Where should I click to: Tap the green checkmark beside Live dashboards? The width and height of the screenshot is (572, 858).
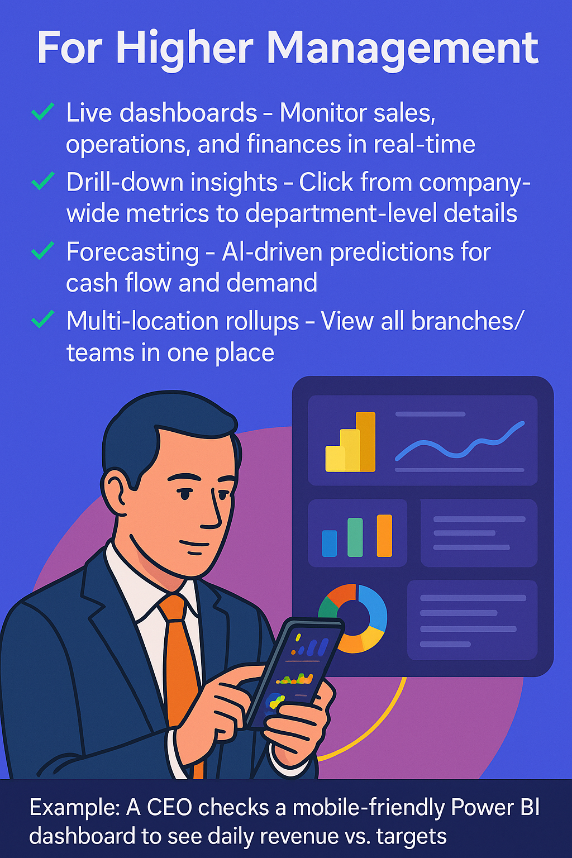point(42,112)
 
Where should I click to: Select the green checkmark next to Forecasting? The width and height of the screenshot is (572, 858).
point(42,251)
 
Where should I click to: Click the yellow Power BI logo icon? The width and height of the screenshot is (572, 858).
point(350,441)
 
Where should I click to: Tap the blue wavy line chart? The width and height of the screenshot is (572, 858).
point(459,441)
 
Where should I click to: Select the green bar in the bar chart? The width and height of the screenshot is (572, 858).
point(355,537)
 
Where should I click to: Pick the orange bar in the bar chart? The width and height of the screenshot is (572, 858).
point(384,536)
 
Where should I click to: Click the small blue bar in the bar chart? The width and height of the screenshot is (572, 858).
point(330,543)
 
